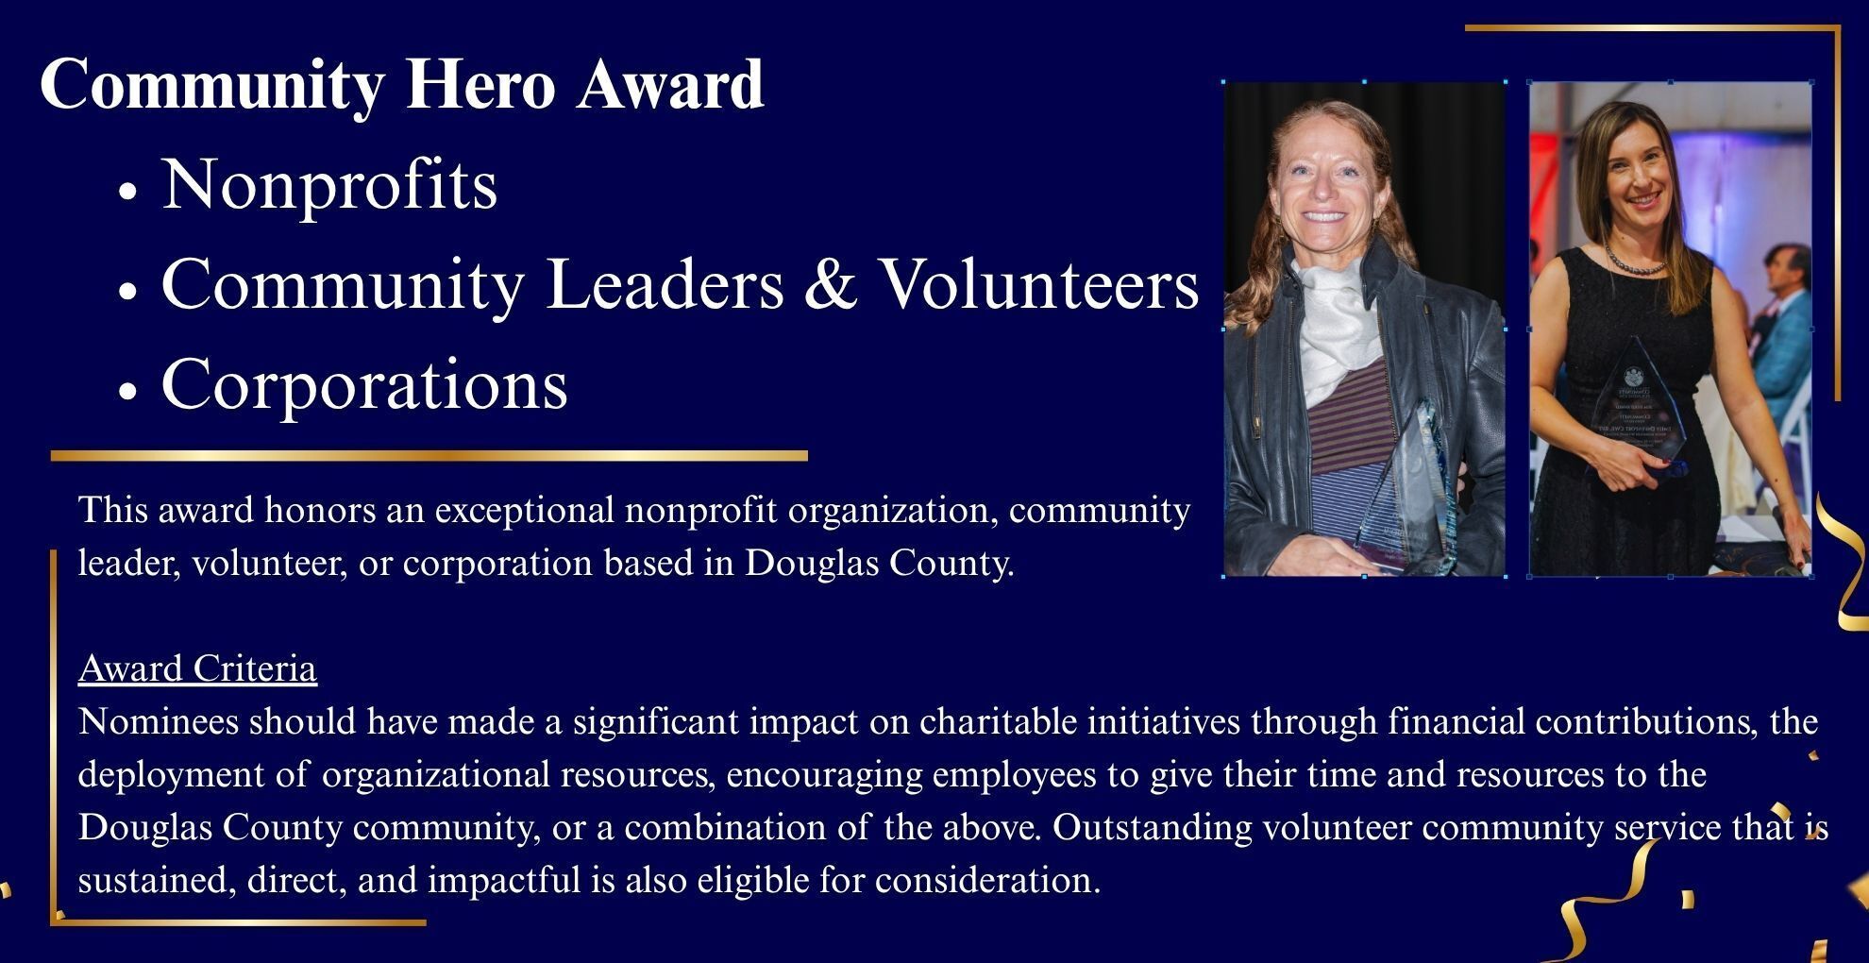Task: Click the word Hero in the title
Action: click(480, 85)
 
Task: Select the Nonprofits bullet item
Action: click(329, 185)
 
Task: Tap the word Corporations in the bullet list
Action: click(364, 384)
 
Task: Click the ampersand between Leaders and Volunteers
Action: click(831, 283)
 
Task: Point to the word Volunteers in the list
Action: click(1039, 283)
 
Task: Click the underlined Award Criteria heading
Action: click(197, 668)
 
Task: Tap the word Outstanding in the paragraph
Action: click(1152, 827)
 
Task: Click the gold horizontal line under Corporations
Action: click(429, 456)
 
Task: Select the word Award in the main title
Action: click(670, 85)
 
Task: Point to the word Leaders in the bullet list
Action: click(665, 283)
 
